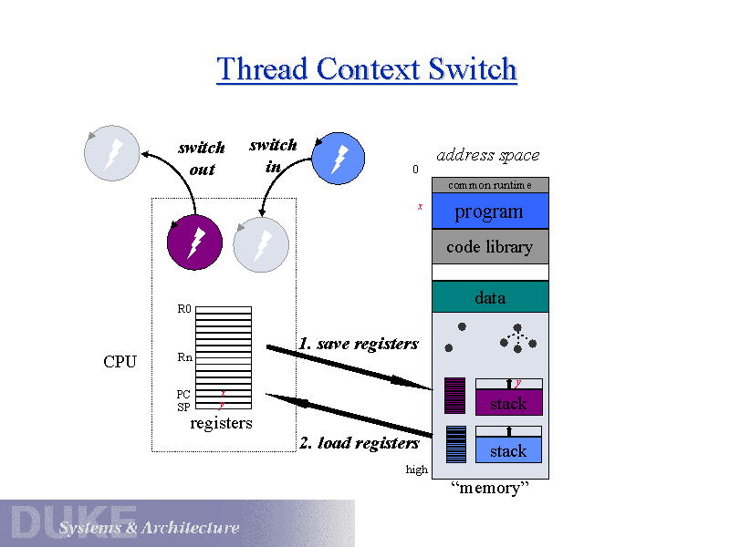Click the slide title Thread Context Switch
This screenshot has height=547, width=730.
coord(367,69)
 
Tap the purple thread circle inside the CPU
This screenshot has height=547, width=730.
coord(195,243)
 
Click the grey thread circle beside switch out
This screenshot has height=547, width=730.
coord(112,153)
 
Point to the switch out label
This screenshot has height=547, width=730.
coord(202,159)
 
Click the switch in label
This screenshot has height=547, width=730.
coord(273,156)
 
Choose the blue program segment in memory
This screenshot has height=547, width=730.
coord(489,212)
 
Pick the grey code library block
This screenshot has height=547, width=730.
coord(489,247)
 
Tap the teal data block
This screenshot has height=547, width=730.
coord(489,298)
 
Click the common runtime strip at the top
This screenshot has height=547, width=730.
coord(489,185)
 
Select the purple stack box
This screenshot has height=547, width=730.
coord(508,403)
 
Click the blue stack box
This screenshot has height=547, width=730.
coord(508,450)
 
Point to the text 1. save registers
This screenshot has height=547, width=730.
coord(359,344)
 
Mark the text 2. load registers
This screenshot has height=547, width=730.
coord(359,443)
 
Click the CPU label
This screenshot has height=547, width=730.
coord(120,362)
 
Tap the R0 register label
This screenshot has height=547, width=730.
coord(184,309)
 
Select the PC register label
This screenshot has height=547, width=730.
coord(183,395)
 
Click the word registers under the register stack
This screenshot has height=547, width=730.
coord(221,423)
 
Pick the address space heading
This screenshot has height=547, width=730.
coord(488,155)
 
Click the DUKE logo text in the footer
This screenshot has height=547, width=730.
coord(73,522)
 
